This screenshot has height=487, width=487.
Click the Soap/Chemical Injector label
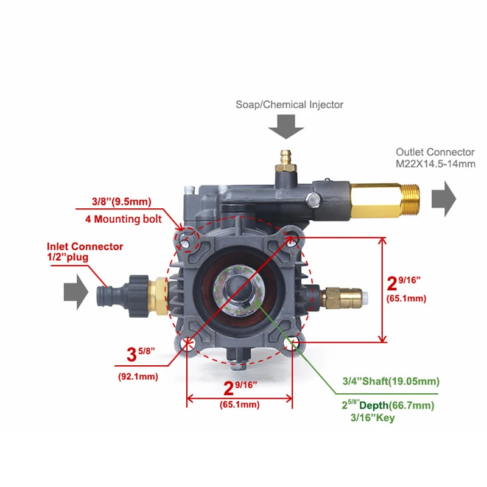click(289, 105)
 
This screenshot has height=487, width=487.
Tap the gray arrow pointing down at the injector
click(286, 128)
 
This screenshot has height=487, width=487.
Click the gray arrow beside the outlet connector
click(444, 201)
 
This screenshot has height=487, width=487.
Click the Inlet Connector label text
click(85, 247)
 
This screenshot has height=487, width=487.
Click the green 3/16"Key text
click(373, 418)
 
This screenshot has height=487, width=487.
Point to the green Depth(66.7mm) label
click(396, 405)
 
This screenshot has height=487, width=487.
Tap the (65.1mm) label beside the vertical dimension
click(407, 298)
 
